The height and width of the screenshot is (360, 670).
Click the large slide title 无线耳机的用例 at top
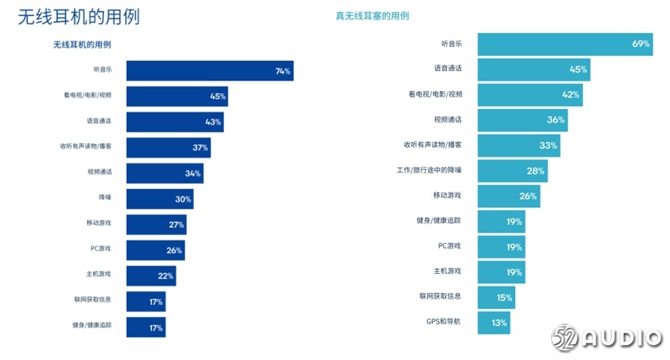78,17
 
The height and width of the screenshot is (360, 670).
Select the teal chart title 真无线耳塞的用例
372,15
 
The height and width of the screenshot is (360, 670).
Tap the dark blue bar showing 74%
209,71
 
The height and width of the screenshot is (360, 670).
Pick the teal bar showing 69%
564,44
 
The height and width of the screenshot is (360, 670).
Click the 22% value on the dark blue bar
165,276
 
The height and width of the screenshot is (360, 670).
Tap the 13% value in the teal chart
499,323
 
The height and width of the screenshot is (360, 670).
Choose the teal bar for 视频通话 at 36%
522,120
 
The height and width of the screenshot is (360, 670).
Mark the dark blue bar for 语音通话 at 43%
175,122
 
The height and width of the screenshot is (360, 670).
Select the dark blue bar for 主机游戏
151,276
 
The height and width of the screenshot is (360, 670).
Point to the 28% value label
536,171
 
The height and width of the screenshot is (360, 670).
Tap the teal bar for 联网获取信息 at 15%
495,298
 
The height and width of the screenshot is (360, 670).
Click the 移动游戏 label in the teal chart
447,195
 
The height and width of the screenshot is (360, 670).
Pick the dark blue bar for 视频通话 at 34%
165,173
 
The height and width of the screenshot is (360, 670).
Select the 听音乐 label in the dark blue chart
102,70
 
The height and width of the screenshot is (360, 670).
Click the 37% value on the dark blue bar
201,147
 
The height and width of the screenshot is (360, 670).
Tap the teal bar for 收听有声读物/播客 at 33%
518,145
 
